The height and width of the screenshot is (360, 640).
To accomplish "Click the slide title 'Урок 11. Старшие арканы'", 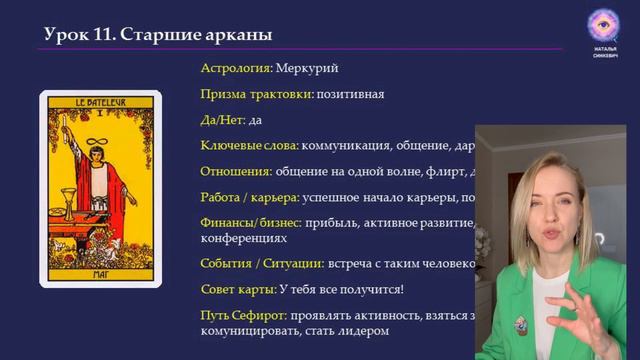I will tap(158, 35).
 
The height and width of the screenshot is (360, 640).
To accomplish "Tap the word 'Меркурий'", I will tap(307, 68).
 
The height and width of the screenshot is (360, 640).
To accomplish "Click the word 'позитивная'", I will tap(350, 94).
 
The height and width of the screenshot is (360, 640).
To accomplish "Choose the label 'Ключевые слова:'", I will tap(249, 146).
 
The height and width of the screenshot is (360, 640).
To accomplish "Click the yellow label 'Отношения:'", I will tap(236, 171).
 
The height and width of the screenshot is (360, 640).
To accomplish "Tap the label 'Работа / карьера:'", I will tap(254, 197).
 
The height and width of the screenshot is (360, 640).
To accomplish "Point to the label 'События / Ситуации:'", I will tap(262, 264).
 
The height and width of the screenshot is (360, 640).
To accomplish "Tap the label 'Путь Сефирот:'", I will tap(244, 315).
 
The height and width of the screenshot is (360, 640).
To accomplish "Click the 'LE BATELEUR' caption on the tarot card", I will tap(100, 100).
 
